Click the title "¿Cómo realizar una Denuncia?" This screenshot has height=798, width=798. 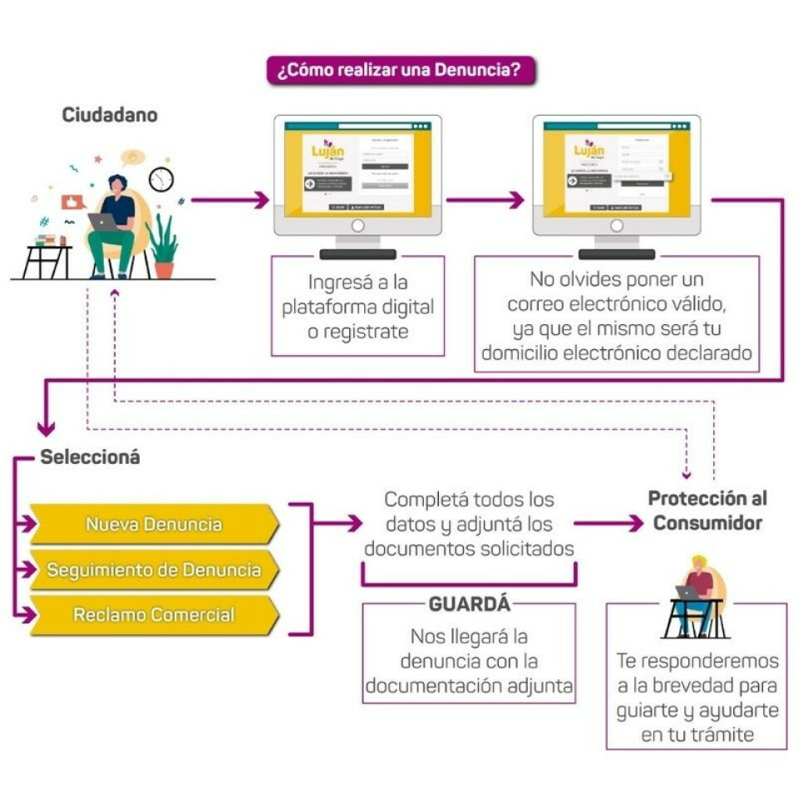coord(400,71)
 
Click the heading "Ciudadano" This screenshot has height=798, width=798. coord(110,116)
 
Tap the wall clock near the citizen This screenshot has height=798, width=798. coord(161,179)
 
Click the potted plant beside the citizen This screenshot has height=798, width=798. coord(163,245)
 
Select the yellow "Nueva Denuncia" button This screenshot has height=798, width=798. coord(154,525)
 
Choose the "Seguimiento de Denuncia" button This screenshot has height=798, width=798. coord(154,570)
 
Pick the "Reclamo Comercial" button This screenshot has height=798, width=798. coord(154,616)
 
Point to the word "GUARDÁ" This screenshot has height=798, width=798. coord(469,604)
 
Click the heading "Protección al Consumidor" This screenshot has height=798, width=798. coord(707,510)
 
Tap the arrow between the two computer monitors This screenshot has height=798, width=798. coord(485,199)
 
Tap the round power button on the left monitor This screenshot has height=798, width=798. coord(358,225)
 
